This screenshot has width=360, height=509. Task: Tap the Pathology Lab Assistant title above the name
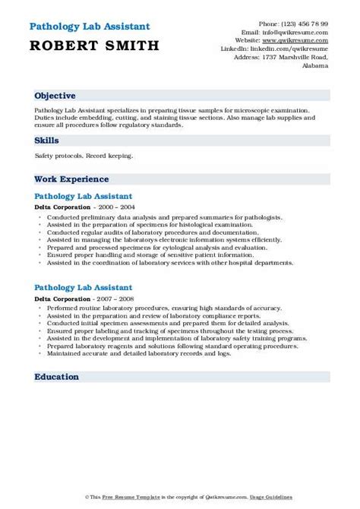pyautogui.click(x=85, y=27)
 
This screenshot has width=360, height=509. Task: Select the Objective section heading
pyautogui.click(x=55, y=96)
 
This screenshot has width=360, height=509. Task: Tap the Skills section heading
pyautogui.click(x=47, y=141)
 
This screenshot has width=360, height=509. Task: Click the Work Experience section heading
pyautogui.click(x=71, y=179)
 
